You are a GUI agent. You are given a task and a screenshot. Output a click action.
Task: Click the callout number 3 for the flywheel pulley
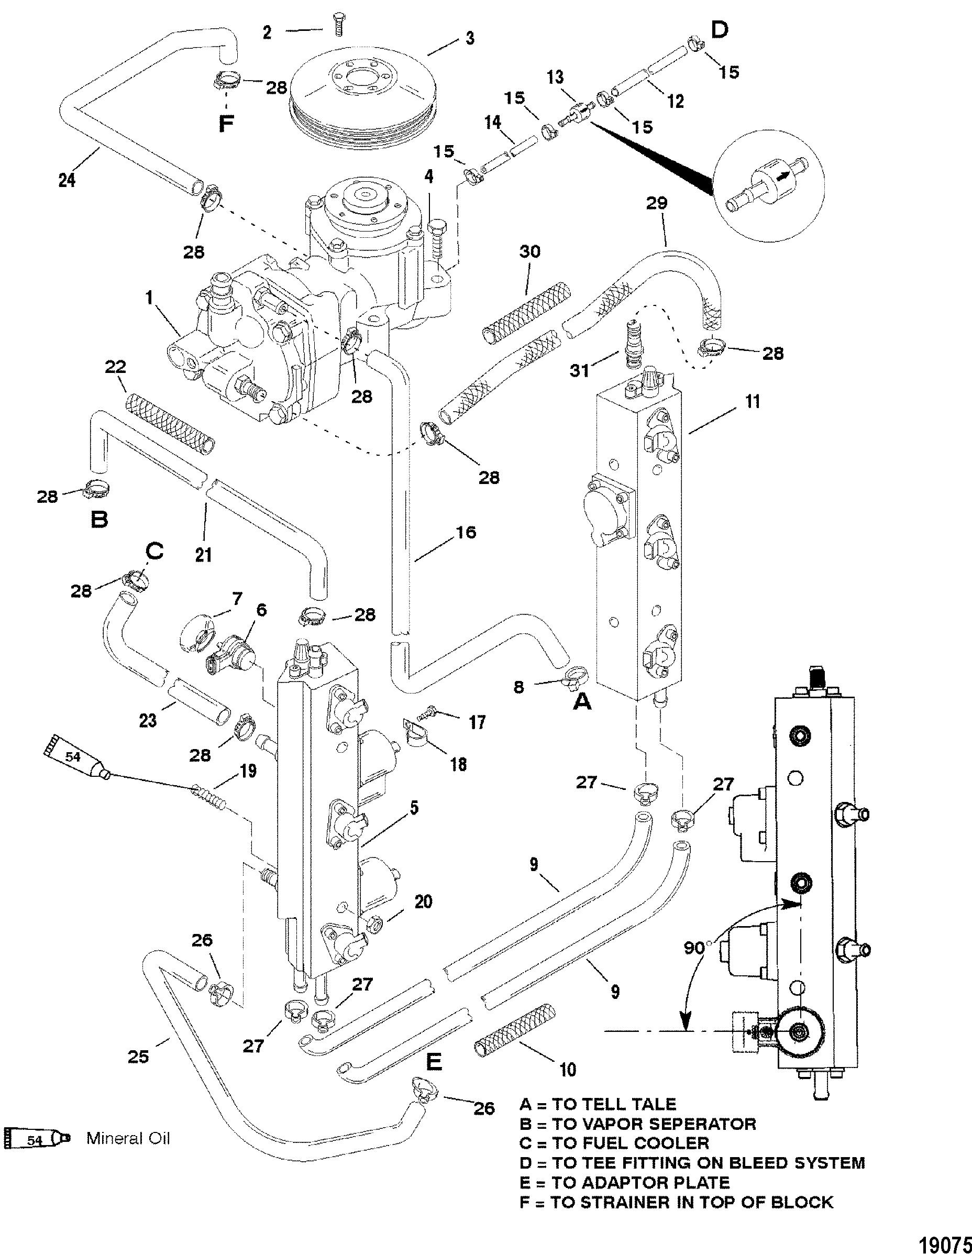pos(470,40)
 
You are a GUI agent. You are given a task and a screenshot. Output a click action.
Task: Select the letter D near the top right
pos(719,29)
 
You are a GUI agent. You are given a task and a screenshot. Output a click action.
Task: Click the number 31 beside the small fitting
pos(579,371)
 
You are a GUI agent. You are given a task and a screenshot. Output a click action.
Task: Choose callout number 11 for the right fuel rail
pos(752,401)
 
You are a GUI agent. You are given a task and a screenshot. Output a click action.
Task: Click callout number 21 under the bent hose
pos(204,554)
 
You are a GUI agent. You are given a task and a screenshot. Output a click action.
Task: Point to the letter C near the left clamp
pos(154,552)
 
